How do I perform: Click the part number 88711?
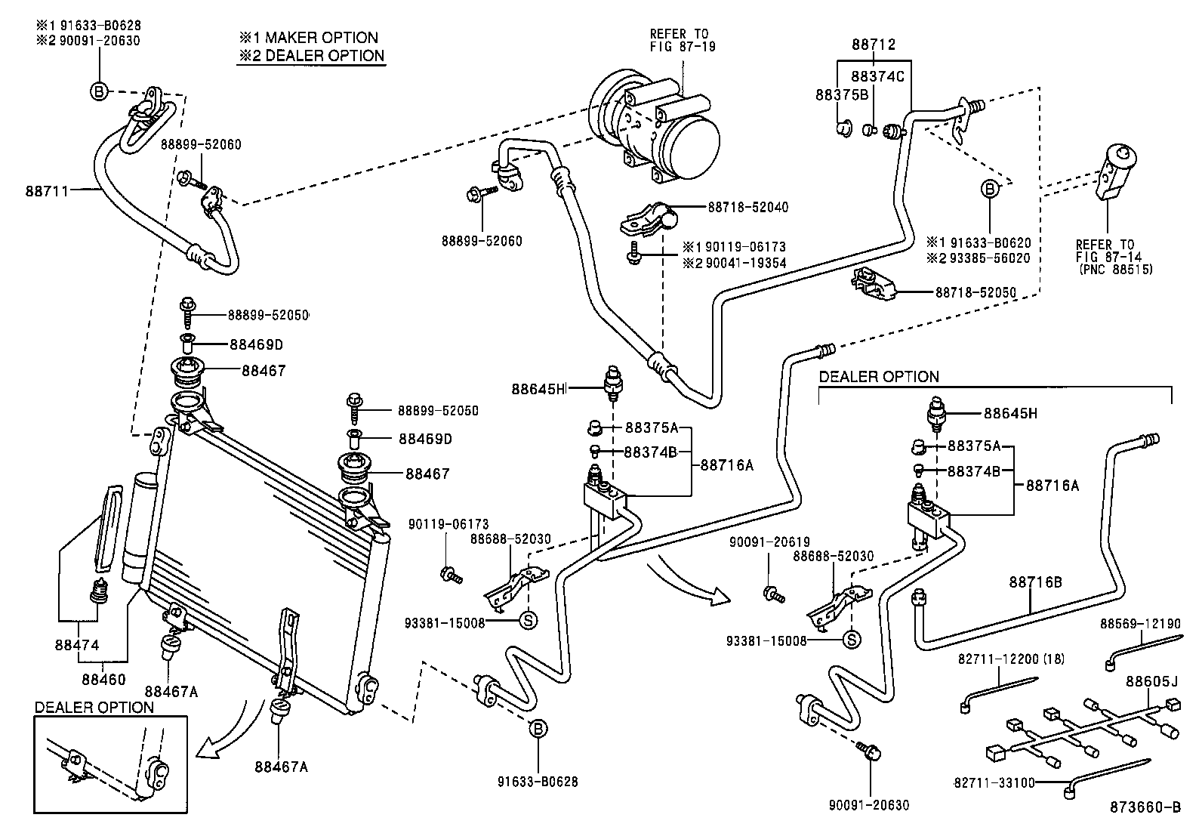(46, 191)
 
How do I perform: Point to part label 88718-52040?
(747, 207)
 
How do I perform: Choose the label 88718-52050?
(975, 292)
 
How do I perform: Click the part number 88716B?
(1035, 582)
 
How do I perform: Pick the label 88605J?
(1151, 681)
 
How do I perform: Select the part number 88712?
(874, 45)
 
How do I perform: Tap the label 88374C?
(877, 76)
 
